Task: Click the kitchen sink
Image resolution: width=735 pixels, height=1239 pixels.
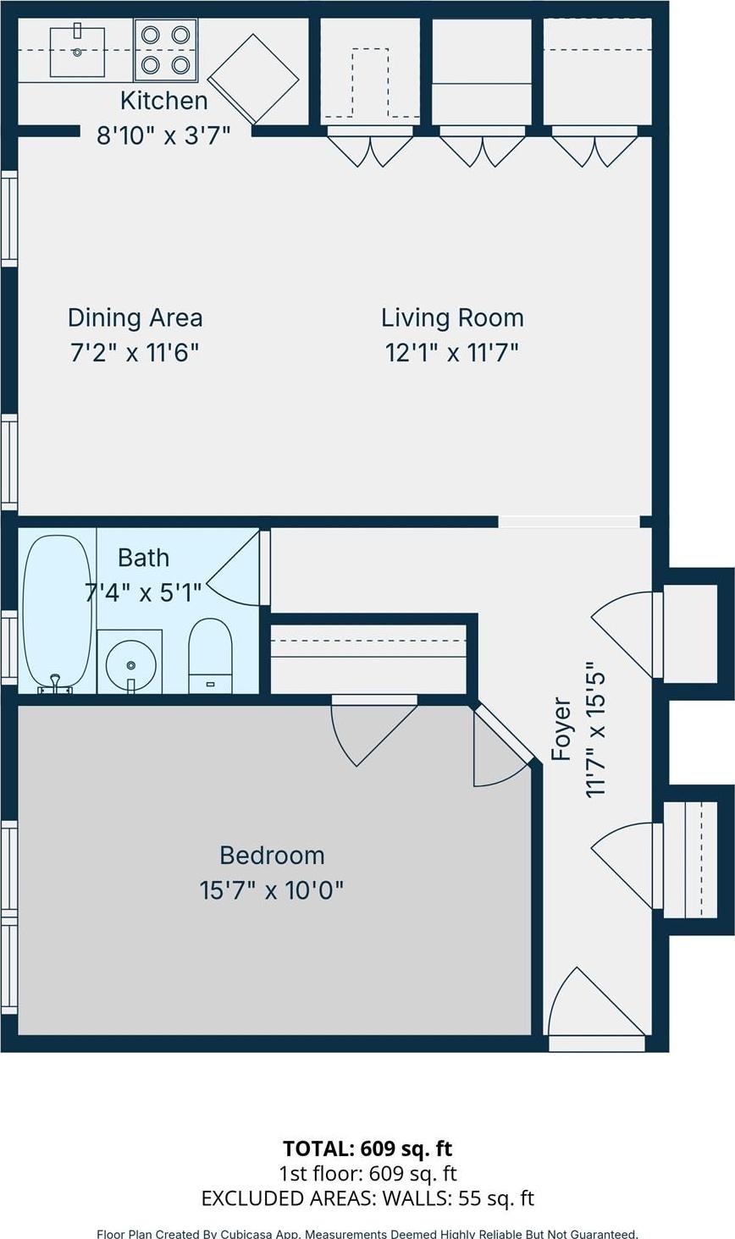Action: tap(77, 52)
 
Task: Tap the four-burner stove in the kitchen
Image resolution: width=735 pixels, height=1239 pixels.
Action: tap(165, 49)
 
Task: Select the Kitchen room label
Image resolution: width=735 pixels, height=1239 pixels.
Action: tap(163, 101)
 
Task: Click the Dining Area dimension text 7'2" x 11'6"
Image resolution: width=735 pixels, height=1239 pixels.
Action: tap(135, 352)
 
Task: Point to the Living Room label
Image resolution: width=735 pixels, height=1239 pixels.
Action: tap(452, 318)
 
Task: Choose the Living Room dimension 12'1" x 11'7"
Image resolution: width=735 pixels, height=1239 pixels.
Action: tap(451, 352)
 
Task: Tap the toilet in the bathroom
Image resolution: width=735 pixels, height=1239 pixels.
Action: tap(210, 655)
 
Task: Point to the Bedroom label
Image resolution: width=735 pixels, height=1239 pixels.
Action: tap(272, 856)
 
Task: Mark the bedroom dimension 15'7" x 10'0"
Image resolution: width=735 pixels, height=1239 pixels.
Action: tap(272, 890)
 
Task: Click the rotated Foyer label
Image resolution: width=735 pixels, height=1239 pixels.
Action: tap(561, 729)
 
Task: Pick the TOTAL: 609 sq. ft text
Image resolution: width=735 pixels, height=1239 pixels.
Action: tap(367, 1148)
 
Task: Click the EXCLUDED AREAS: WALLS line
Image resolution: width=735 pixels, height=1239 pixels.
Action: tap(367, 1198)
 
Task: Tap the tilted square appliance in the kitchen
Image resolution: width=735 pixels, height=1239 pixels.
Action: tap(253, 79)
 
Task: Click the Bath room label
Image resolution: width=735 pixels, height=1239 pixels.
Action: tap(143, 559)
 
